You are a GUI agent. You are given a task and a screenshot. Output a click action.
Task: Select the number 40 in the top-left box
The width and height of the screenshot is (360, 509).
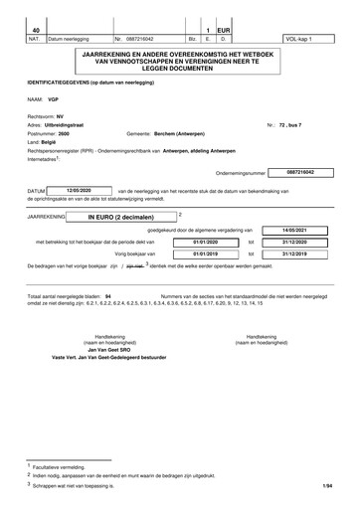click(36, 31)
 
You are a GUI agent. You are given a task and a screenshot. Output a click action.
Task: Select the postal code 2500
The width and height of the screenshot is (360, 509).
click(64, 132)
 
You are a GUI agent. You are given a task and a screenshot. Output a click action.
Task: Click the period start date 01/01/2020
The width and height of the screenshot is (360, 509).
click(206, 242)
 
